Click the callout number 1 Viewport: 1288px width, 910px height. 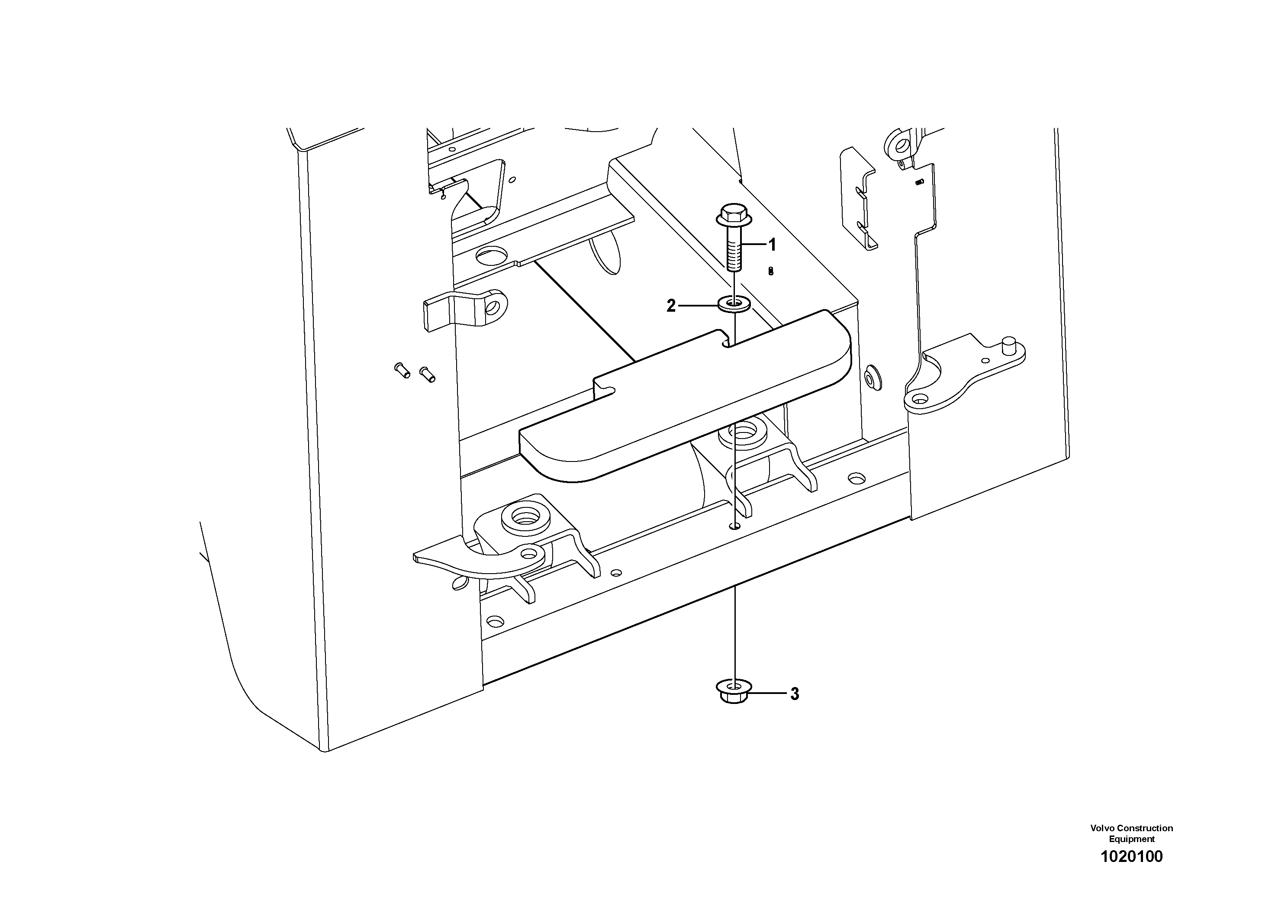tap(772, 245)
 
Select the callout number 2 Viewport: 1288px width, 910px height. tap(671, 306)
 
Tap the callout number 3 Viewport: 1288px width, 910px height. tap(794, 694)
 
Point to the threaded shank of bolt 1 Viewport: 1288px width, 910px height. tap(733, 252)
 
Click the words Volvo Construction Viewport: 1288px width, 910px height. tap(1131, 828)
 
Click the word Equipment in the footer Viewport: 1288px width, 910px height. tap(1131, 839)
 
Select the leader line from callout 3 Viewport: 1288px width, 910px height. tap(769, 694)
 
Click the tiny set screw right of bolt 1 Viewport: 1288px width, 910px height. tap(771, 271)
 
